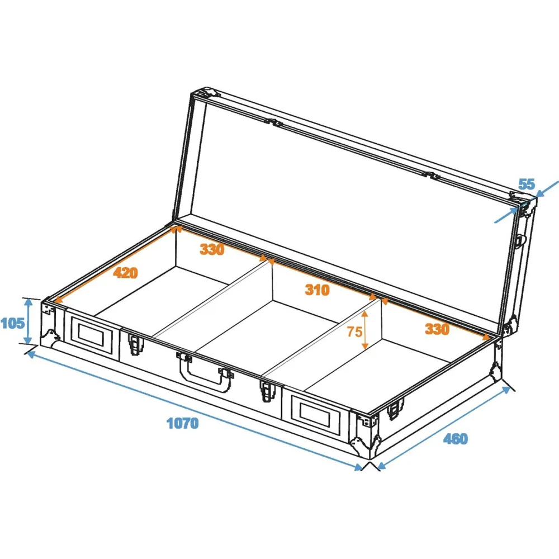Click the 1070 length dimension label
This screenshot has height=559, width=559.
point(183,423)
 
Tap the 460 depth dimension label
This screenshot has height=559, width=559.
point(455,439)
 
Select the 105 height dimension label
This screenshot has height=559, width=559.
point(12,323)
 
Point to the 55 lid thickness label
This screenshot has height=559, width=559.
point(527,184)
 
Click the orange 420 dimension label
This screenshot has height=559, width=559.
point(125,273)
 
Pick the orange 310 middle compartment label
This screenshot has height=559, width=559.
point(317,290)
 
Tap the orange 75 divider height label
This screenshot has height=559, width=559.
point(354,331)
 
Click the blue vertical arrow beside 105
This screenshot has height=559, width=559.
point(29,321)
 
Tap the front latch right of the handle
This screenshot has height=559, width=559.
point(267,391)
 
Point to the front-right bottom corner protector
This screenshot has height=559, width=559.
point(364,444)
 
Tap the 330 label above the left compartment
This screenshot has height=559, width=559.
point(212,249)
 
